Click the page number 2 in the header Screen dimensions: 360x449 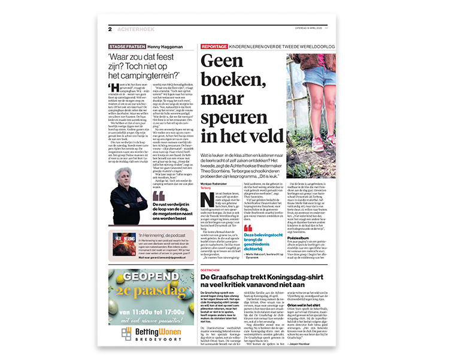(110, 29)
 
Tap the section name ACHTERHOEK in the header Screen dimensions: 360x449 (134, 29)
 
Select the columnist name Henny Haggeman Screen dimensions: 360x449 (162, 46)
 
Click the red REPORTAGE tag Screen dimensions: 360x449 (214, 46)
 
